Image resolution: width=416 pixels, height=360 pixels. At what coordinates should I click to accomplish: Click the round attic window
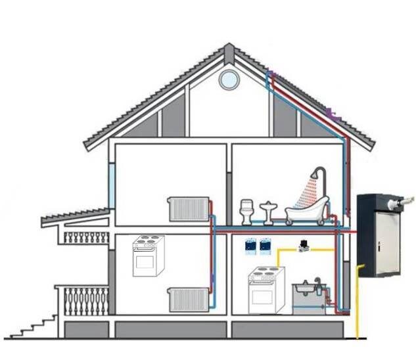[229, 79]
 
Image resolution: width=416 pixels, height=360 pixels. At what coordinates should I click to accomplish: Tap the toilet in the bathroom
[247, 212]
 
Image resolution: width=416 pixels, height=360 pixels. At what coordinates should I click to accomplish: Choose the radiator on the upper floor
[188, 209]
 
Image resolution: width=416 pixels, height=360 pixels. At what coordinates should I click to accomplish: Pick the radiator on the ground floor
[188, 300]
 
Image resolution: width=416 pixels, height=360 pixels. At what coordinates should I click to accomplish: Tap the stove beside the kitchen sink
[266, 290]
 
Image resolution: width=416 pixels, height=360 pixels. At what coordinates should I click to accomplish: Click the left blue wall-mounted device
[250, 245]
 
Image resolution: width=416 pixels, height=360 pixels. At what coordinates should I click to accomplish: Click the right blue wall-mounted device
[266, 245]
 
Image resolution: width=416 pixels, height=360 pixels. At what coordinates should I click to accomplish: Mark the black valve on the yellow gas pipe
[304, 244]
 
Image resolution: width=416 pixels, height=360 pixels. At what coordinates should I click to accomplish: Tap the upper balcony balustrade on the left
[86, 236]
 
